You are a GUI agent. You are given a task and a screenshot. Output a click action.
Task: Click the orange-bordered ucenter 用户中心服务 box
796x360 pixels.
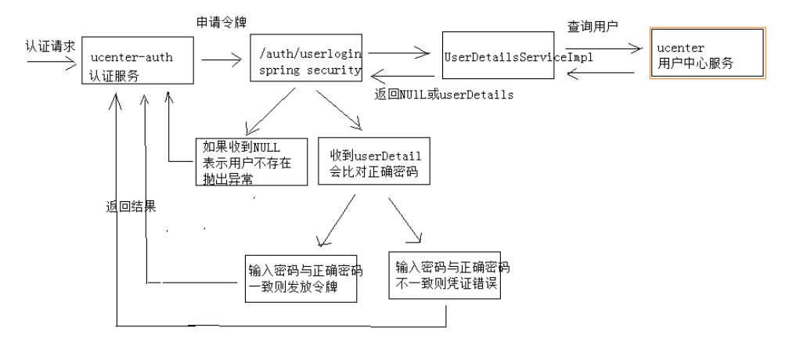[x=707, y=53]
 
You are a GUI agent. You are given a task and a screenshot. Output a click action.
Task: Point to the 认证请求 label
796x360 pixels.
[x=50, y=45]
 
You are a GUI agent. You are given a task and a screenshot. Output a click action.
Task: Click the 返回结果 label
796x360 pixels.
[x=131, y=207]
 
